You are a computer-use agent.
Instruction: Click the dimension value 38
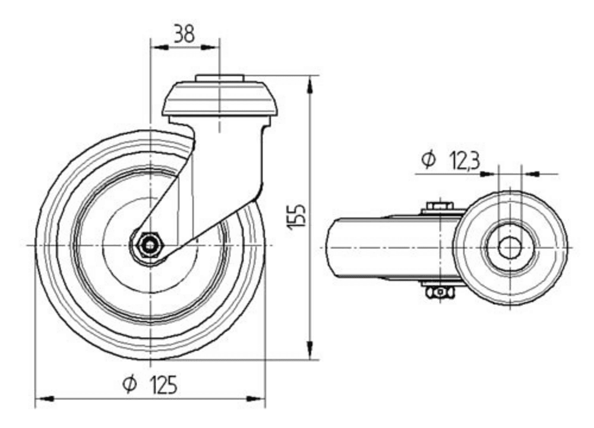pyautogui.click(x=184, y=34)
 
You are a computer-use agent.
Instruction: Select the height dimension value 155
pyautogui.click(x=298, y=216)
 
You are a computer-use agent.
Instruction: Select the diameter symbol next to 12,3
pyautogui.click(x=428, y=160)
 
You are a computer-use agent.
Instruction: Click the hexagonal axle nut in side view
pyautogui.click(x=148, y=244)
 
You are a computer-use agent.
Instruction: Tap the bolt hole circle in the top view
pyautogui.click(x=509, y=247)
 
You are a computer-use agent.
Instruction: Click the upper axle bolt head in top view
pyautogui.click(x=438, y=207)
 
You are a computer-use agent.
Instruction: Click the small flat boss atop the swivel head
pyautogui.click(x=220, y=78)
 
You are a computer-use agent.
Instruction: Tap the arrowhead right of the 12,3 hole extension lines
pyautogui.click(x=530, y=174)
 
